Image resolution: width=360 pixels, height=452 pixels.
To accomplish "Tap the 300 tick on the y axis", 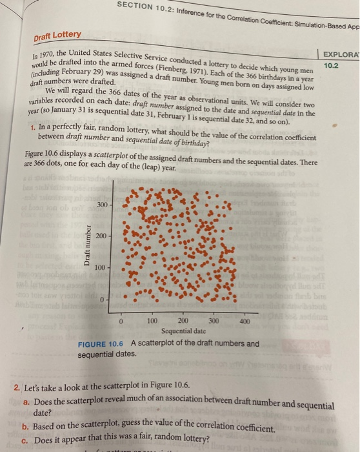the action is point(101,205).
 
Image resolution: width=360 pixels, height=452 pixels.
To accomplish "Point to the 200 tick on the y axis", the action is point(101,236).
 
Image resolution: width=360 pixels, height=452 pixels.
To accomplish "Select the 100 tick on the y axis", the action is point(101,267).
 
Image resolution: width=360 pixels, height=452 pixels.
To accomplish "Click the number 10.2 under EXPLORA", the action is point(331,65).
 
